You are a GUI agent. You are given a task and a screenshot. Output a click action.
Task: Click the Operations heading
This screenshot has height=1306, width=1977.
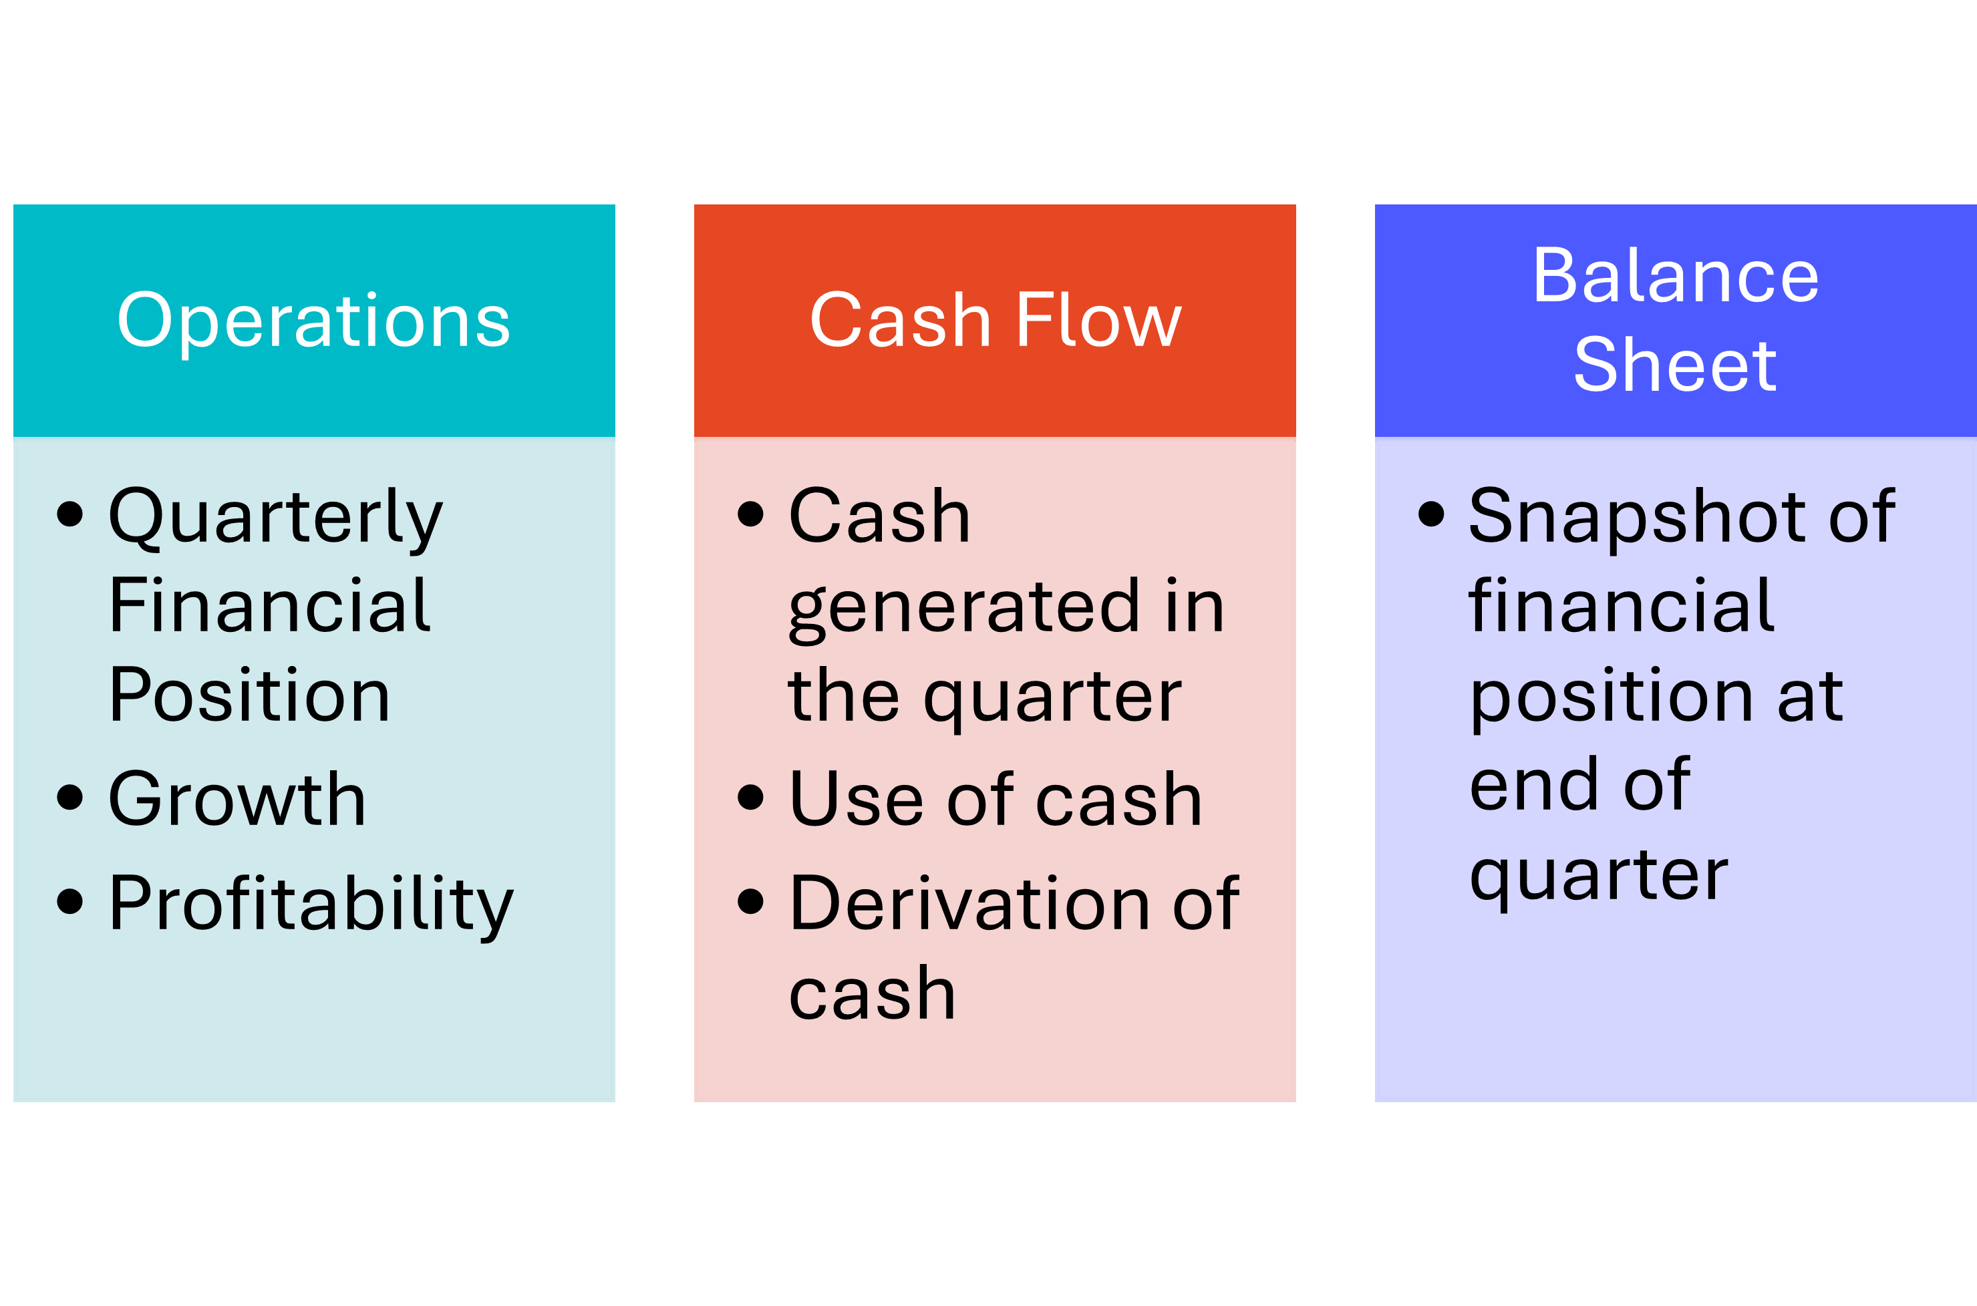coord(313,321)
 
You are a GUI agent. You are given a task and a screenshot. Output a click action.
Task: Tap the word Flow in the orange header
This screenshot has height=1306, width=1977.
coord(1098,321)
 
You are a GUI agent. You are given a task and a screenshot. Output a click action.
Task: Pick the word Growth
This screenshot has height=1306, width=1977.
coord(237,800)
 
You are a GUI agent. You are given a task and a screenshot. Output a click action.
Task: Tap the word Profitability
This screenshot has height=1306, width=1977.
coord(311,905)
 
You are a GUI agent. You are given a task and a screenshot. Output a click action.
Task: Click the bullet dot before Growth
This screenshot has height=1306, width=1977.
coord(70,797)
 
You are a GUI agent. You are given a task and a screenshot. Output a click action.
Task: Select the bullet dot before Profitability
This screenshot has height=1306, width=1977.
coord(70,901)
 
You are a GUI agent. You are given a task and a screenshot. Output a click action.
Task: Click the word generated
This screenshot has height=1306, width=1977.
coord(963,608)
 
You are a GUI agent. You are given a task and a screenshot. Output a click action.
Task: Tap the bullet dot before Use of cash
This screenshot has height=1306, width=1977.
coord(750,797)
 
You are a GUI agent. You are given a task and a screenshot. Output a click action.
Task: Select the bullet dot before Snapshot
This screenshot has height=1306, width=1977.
coord(1430,514)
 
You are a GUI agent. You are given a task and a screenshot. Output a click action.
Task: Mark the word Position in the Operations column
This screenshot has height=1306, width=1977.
coord(249,695)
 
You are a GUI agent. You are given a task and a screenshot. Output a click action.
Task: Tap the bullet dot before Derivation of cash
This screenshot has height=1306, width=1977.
coord(750,901)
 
